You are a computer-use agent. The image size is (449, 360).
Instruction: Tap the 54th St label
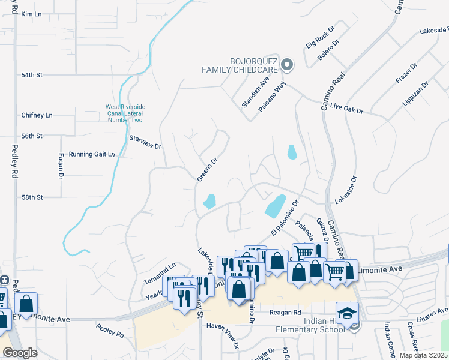[x=31, y=75]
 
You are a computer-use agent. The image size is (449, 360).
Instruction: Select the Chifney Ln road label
[x=37, y=115]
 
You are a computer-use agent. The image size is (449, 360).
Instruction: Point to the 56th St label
[x=31, y=136]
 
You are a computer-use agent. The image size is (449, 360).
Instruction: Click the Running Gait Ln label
[x=91, y=154]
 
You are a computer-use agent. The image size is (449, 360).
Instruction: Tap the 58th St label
[x=31, y=197]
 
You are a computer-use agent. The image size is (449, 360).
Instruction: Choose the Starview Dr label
[x=146, y=143]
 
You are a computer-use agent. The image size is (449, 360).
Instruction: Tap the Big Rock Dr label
[x=319, y=37]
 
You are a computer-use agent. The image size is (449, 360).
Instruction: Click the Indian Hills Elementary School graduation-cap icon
[x=346, y=313]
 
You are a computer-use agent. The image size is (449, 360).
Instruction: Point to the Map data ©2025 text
[x=424, y=355]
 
